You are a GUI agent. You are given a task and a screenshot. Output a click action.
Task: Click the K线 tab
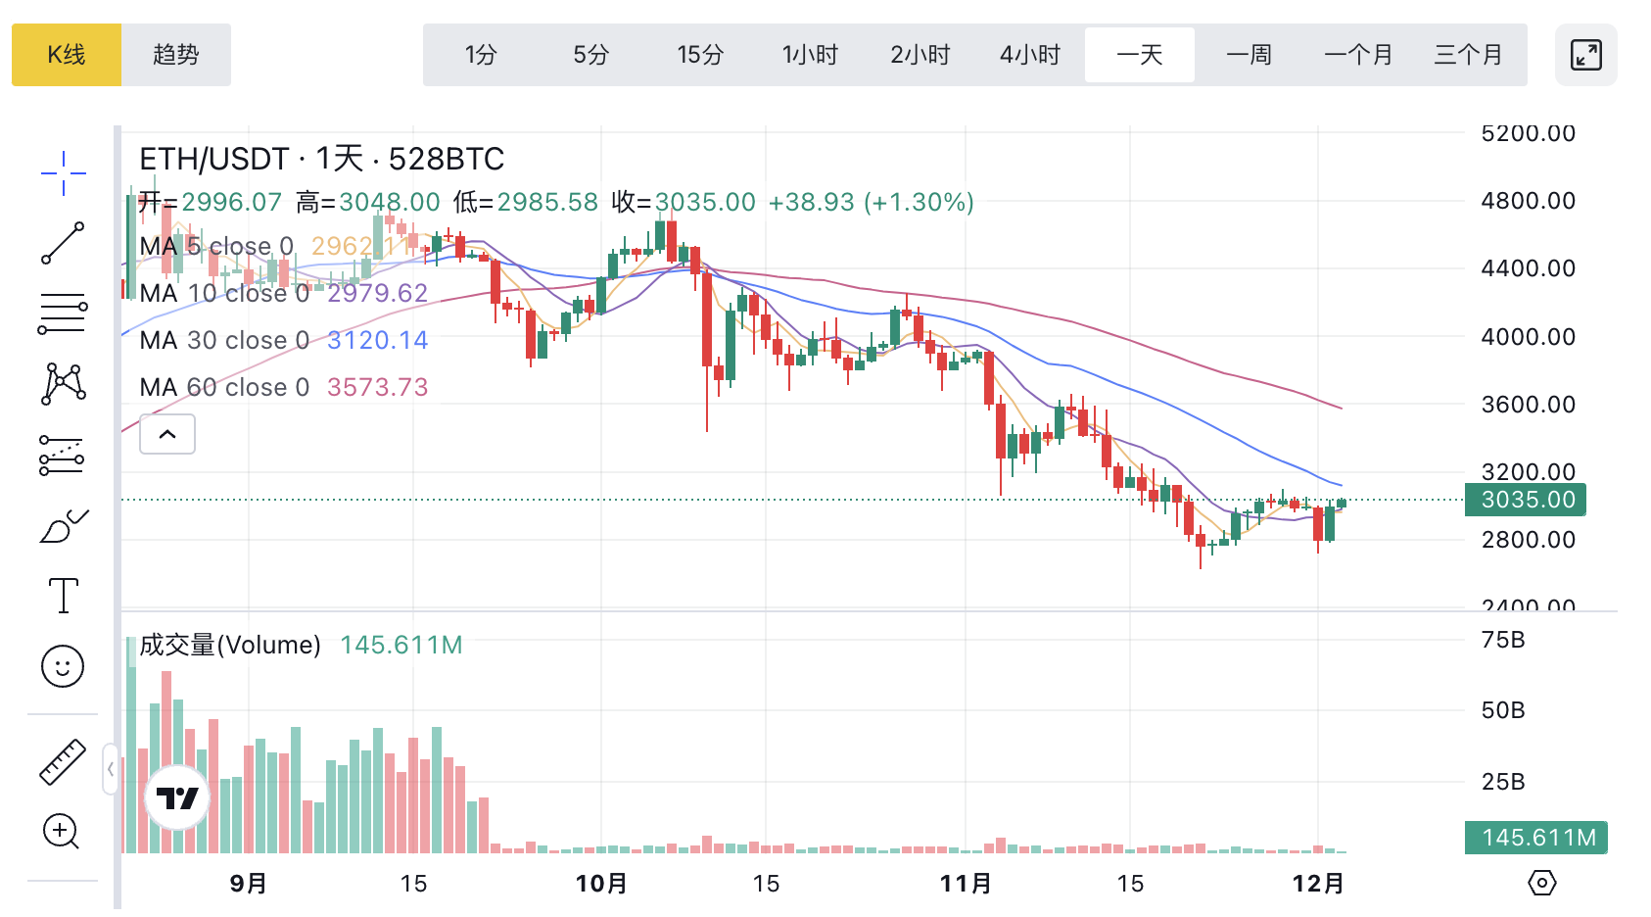click(x=67, y=55)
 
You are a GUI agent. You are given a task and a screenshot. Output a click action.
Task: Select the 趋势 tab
click(x=176, y=55)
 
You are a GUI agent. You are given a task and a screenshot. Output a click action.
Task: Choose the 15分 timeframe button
click(x=700, y=55)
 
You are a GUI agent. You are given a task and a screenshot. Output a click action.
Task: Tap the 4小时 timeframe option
click(x=1030, y=55)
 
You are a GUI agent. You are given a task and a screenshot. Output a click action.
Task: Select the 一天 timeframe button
click(x=1140, y=55)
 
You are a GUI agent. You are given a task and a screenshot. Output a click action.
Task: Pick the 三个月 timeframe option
click(x=1468, y=55)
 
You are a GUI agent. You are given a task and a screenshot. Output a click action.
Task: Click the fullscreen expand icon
click(x=1585, y=55)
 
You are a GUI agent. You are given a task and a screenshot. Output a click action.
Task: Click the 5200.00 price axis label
click(x=1528, y=133)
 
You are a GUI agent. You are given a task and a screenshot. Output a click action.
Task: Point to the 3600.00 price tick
click(x=1528, y=405)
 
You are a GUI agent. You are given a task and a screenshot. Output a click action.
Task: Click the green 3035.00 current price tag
click(x=1526, y=500)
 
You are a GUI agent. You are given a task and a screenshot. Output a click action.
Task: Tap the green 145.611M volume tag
click(x=1536, y=838)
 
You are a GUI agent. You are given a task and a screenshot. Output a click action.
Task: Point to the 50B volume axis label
click(x=1503, y=710)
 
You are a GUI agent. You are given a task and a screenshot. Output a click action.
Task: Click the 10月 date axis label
click(x=601, y=884)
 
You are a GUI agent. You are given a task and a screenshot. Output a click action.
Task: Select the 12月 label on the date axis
click(x=1318, y=884)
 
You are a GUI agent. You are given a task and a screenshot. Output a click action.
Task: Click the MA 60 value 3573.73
click(x=378, y=387)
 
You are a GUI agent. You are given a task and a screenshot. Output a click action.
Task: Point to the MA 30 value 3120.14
click(x=378, y=340)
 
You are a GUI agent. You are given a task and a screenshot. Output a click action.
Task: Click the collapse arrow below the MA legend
click(x=167, y=434)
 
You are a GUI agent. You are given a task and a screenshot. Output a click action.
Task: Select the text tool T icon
click(x=64, y=596)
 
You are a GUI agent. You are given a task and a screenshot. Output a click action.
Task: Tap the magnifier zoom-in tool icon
click(x=62, y=832)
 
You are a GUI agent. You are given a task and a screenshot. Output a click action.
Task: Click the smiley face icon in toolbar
click(x=63, y=666)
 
